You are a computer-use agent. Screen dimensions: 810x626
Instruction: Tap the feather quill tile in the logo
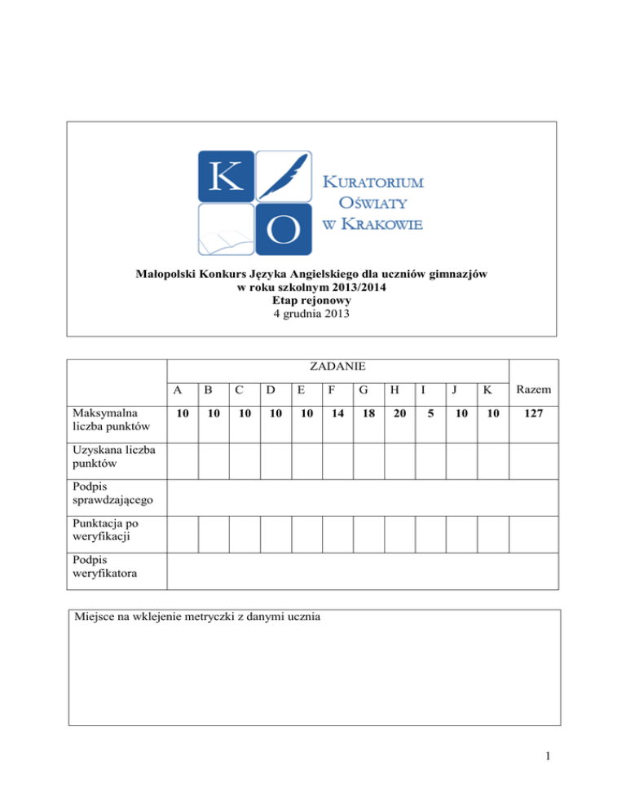tap(283, 175)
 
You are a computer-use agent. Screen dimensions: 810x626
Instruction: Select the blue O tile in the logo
tap(283, 229)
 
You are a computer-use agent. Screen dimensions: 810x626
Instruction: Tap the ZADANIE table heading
tap(337, 369)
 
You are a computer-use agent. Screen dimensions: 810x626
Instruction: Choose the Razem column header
tap(533, 390)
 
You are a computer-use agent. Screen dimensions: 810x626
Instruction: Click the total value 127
tap(533, 415)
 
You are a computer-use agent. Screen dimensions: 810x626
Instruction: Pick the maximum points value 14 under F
tap(337, 415)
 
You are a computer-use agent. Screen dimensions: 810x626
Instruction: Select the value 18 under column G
tap(368, 415)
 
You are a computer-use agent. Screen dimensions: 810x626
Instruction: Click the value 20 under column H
tap(399, 415)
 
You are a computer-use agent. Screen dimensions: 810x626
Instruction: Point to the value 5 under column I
tap(430, 415)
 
